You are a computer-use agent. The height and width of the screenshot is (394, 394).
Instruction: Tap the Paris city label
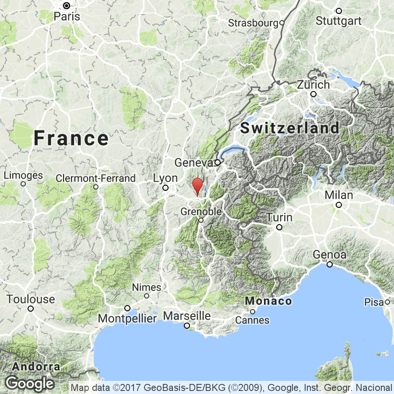point(67,16)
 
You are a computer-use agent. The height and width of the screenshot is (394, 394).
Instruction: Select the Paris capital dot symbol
point(67,6)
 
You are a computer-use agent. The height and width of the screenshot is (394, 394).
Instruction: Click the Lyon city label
point(165,178)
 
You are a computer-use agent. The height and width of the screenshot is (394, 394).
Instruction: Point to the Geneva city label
point(193,162)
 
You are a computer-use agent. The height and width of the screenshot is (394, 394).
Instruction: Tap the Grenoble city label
point(201,211)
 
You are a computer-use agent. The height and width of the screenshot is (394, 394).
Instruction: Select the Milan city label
point(339,194)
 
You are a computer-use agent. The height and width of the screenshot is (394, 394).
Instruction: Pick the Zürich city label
point(313,84)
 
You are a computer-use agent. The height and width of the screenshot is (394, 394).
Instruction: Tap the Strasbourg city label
point(253,22)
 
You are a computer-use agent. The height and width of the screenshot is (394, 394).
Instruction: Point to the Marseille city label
point(187,316)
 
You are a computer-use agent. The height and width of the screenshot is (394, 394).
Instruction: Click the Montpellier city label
point(127,319)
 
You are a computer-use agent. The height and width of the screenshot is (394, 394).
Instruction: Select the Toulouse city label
point(31,299)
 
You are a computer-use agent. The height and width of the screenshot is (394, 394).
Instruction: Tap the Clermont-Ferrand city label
point(96,178)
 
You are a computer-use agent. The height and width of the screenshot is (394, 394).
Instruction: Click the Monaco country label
point(268,301)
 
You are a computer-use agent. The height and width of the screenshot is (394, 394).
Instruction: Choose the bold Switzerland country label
point(290,128)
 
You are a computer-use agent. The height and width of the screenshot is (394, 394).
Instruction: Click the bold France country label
point(71,139)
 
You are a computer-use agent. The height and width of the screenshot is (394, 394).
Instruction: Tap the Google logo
point(29,383)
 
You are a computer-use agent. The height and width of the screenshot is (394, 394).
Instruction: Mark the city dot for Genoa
point(329,264)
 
